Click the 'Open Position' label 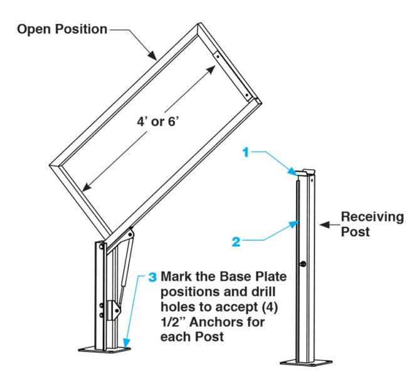pos(62,29)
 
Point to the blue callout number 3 pos(152,276)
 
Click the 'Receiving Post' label pos(372,223)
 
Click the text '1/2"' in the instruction pos(175,322)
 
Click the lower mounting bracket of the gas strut pos(114,308)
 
